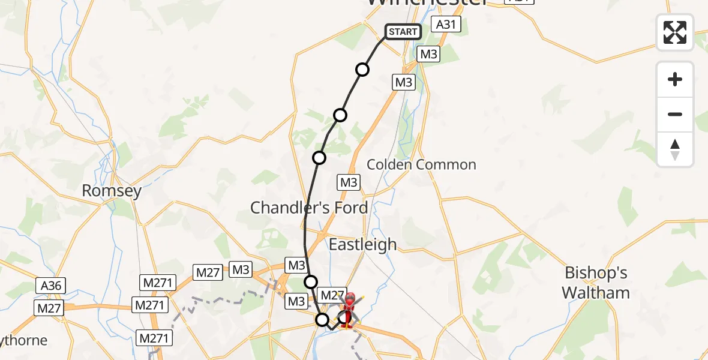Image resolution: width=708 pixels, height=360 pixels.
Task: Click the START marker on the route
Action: point(402,32)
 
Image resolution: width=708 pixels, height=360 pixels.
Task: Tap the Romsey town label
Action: point(112,191)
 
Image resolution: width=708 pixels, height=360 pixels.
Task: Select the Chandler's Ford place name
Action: point(309,208)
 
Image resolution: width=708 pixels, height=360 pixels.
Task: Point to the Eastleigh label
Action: point(362,244)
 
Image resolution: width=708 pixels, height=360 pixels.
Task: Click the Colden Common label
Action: point(421,164)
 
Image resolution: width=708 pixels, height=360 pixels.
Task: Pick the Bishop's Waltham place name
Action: point(597,283)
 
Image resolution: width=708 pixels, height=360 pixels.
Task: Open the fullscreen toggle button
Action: point(675,32)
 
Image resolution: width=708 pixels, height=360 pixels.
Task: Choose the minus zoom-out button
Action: point(675,114)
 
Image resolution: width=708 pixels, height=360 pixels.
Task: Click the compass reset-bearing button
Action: point(675,149)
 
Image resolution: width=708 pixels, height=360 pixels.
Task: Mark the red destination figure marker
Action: point(349,308)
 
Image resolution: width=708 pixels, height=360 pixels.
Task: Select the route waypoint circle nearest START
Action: point(362,70)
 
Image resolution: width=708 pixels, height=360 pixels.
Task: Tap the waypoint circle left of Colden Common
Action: point(319,158)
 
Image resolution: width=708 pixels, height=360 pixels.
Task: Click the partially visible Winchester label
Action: point(427,3)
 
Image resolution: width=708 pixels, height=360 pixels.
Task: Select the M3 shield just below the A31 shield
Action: point(428,54)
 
